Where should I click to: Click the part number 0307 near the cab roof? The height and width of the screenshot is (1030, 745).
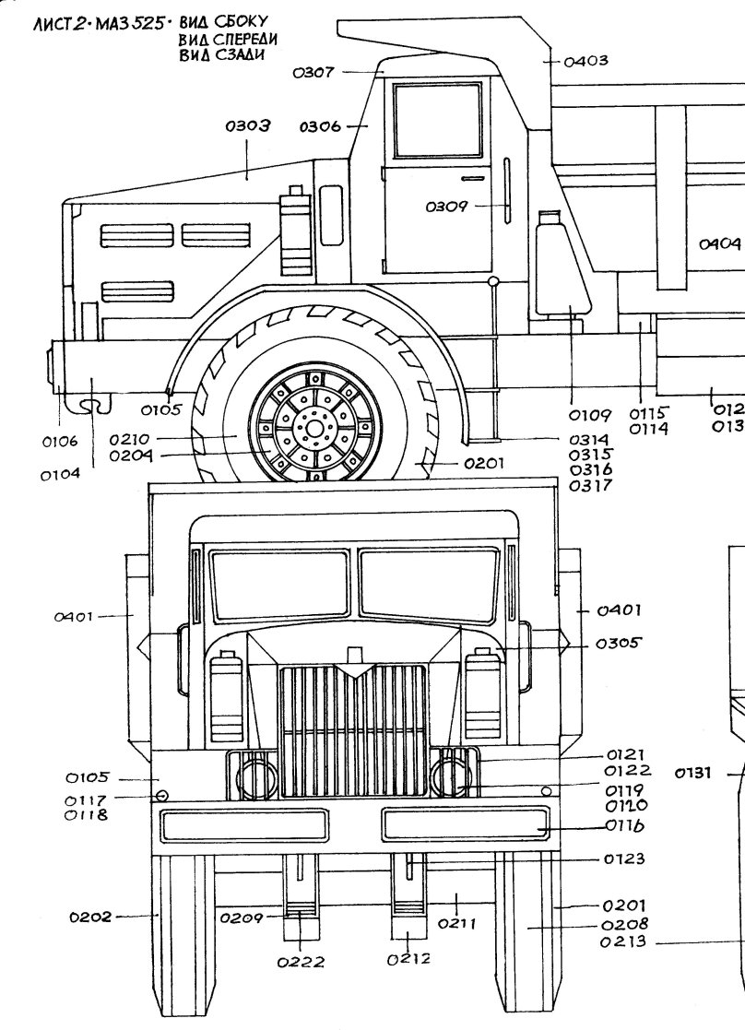(x=313, y=74)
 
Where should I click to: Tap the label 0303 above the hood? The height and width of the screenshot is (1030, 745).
(x=247, y=127)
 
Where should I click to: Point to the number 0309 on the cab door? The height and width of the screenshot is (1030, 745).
(x=446, y=207)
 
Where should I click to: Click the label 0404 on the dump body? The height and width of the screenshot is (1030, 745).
(x=719, y=244)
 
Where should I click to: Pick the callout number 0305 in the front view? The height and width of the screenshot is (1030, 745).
(x=618, y=644)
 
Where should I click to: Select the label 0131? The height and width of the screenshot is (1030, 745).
(x=696, y=775)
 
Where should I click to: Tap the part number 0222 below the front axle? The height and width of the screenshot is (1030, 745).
(x=301, y=962)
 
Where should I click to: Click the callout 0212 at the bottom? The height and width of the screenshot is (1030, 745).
(x=410, y=960)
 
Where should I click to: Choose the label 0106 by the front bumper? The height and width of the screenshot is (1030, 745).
(x=61, y=442)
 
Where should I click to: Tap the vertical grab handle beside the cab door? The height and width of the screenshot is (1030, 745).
(x=507, y=189)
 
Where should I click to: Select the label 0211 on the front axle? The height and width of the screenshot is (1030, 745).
(x=453, y=922)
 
